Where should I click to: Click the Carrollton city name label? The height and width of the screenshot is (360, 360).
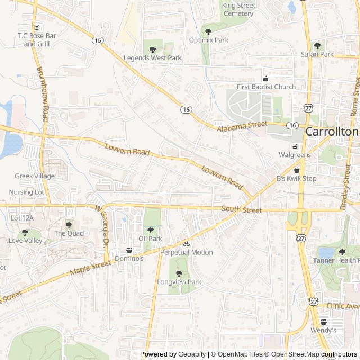[x=332, y=131]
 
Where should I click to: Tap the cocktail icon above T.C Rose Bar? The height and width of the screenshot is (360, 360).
[x=37, y=27]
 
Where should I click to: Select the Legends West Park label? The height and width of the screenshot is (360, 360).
[x=152, y=58]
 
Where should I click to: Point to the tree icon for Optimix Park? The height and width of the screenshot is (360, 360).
[x=209, y=31]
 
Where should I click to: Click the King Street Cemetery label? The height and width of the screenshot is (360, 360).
[x=238, y=10]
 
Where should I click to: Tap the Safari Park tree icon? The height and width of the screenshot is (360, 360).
[x=317, y=46]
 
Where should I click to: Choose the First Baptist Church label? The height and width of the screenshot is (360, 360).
[x=266, y=87]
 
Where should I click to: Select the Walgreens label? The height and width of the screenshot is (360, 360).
[x=294, y=155]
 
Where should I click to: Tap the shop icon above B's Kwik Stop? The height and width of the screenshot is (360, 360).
[x=296, y=170]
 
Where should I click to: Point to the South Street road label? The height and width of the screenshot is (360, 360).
[x=242, y=210]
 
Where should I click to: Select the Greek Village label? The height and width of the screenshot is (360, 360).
[x=35, y=176]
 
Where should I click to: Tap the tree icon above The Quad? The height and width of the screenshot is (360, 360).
[x=69, y=225]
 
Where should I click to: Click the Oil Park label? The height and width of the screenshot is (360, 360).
[x=150, y=238]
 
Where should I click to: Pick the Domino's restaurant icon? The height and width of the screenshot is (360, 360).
[x=129, y=250]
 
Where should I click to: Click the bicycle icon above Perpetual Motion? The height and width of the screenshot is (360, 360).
[x=186, y=244]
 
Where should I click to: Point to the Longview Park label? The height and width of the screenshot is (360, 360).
[x=179, y=282]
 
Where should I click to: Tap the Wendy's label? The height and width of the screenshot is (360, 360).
[x=323, y=330]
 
